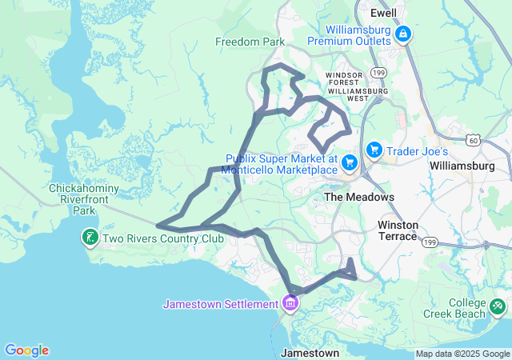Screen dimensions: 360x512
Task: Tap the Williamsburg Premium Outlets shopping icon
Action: click(x=403, y=34)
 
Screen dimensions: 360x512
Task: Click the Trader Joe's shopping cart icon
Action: click(x=374, y=150)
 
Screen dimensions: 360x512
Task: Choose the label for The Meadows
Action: click(x=358, y=197)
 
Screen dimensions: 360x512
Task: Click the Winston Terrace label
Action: click(x=398, y=230)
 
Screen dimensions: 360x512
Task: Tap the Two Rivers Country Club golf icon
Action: click(x=90, y=237)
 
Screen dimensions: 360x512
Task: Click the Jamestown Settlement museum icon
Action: click(x=289, y=304)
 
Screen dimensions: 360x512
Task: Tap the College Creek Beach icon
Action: click(x=498, y=305)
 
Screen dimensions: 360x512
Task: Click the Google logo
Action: click(x=26, y=350)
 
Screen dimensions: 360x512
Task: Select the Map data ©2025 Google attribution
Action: click(x=462, y=354)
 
